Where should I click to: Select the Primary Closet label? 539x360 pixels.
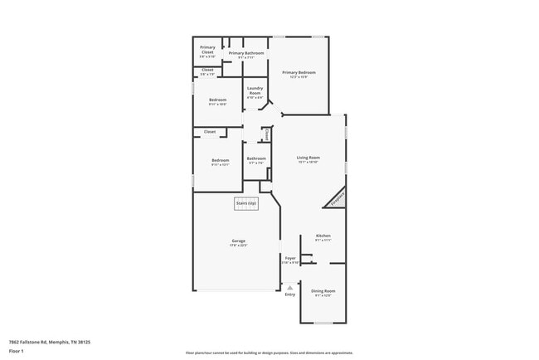[x=207, y=49]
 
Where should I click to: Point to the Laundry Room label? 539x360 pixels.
[x=255, y=91]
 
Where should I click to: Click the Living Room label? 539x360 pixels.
[x=308, y=157]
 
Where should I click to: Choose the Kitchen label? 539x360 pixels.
[x=323, y=236]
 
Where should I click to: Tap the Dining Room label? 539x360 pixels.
[x=323, y=290]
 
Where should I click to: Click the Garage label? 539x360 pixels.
[x=238, y=241]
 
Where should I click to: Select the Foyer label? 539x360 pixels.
[x=290, y=258]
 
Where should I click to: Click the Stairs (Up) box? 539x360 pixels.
[x=246, y=202]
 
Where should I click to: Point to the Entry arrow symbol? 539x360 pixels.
[x=289, y=287]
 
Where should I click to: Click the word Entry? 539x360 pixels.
[x=289, y=294]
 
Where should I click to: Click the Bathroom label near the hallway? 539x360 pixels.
[x=256, y=158]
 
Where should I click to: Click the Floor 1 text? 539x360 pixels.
[x=17, y=351]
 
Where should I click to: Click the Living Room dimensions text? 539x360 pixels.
[x=308, y=162]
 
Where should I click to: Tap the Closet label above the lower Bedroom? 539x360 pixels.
[x=210, y=131]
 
